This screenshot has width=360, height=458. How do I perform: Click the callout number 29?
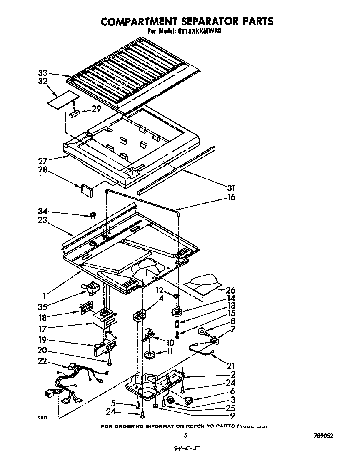[x=97, y=109]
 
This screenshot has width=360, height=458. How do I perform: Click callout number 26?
[x=230, y=290]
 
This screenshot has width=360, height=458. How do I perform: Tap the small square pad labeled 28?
[x=86, y=189]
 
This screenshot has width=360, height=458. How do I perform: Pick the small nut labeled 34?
[x=92, y=216]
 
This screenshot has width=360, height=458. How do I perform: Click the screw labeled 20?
[x=109, y=362]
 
